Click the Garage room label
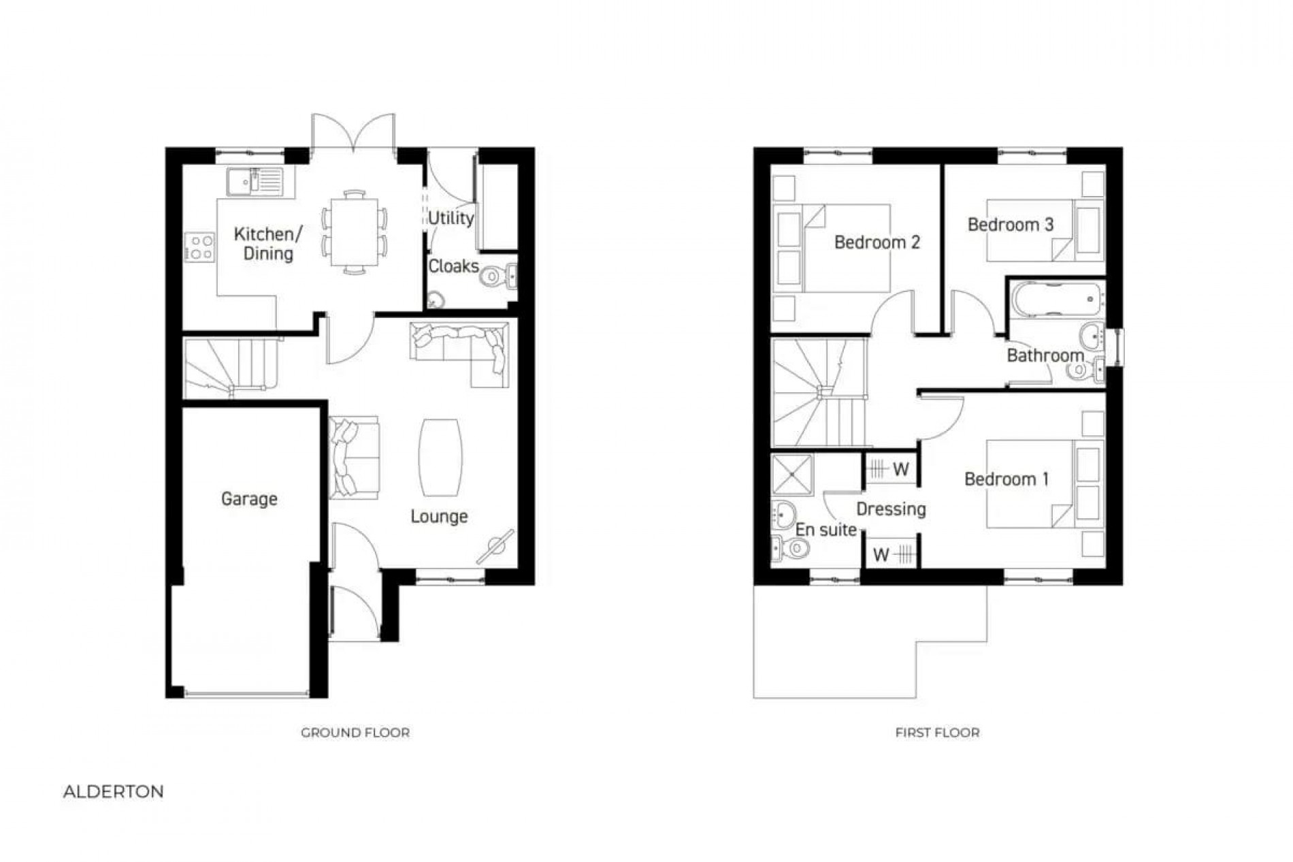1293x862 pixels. [249, 499]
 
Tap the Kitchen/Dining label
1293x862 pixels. [267, 244]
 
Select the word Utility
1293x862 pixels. [451, 218]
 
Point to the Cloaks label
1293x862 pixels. [453, 266]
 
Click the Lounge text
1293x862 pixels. [439, 516]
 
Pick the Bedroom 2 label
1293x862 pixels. [877, 242]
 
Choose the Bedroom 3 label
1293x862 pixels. [1011, 224]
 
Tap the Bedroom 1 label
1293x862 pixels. [1006, 479]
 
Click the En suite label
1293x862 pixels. [825, 530]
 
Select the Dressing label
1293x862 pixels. [891, 509]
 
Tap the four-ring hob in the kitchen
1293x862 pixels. [201, 246]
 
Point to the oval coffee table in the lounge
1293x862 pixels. [441, 457]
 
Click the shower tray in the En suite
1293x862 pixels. [792, 474]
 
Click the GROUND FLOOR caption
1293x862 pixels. [355, 733]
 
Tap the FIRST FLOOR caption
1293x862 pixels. [937, 733]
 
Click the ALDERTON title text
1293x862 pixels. [114, 792]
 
